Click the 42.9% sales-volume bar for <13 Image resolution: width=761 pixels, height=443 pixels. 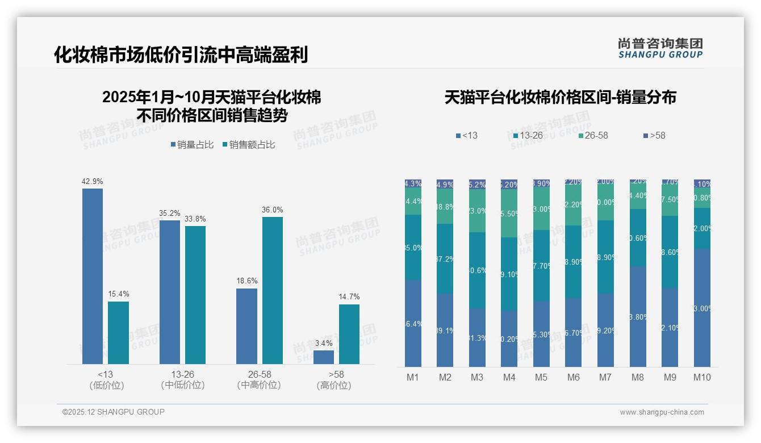point(93,276)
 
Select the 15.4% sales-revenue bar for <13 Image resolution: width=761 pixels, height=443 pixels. point(118,333)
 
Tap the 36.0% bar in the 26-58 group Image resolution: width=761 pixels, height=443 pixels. point(272,290)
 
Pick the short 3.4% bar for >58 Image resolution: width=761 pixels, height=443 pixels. point(324,357)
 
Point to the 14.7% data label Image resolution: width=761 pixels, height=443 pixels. point(349,296)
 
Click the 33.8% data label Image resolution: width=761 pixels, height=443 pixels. point(195,219)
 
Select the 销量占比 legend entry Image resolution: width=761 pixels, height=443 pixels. point(192,145)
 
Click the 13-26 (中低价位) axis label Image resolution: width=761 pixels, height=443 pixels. point(183,379)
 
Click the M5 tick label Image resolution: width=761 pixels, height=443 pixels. point(541,377)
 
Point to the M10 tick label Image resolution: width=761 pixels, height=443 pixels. point(702,377)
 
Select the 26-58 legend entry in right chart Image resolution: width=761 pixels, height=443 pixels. point(593,136)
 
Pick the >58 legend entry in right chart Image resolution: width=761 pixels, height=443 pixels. point(654,136)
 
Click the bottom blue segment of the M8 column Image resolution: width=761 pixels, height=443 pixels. point(638,317)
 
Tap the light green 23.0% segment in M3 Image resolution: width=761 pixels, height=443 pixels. point(477,211)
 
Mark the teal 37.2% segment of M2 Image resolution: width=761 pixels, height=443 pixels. point(445,258)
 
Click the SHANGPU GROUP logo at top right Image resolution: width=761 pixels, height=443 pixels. point(660,48)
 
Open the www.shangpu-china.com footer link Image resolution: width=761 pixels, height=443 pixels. point(662,412)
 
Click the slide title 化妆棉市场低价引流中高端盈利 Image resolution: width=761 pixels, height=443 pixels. point(181,55)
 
